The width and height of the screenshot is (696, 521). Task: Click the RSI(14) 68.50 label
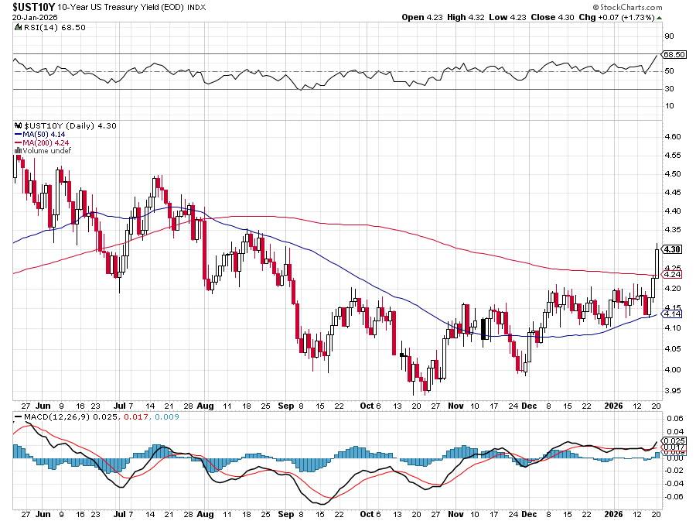41,27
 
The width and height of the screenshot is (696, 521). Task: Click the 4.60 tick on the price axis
672,137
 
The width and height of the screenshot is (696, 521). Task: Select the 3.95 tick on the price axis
672,390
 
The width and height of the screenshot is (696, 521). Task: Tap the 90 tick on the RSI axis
669,36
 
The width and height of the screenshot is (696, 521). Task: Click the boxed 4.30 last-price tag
673,249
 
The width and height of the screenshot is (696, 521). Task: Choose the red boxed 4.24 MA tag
673,274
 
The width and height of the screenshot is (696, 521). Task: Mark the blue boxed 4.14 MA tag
673,314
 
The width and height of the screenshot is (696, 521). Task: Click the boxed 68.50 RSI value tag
675,55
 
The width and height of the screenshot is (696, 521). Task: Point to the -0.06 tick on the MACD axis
674,497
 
